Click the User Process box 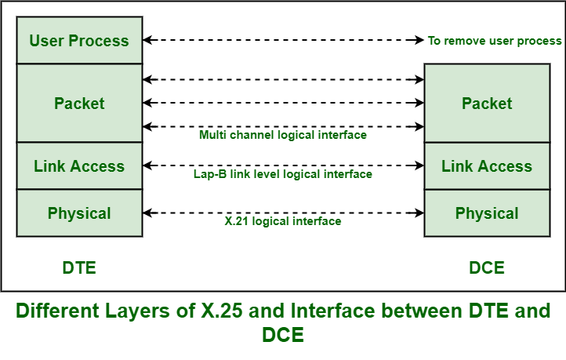(79, 41)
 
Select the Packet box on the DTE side (79, 104)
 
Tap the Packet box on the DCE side (487, 104)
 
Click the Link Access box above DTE (79, 166)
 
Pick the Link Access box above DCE (487, 166)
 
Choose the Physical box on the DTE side (79, 213)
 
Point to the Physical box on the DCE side (487, 213)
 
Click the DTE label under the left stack (79, 267)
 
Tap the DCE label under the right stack (487, 267)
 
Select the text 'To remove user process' (495, 41)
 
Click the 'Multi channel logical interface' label (283, 135)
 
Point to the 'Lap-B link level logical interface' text (283, 174)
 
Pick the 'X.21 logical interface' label (283, 221)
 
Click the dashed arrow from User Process (283, 40)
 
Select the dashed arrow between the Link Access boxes (283, 165)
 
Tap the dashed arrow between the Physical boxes (283, 213)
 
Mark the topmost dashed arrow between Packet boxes (283, 79)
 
